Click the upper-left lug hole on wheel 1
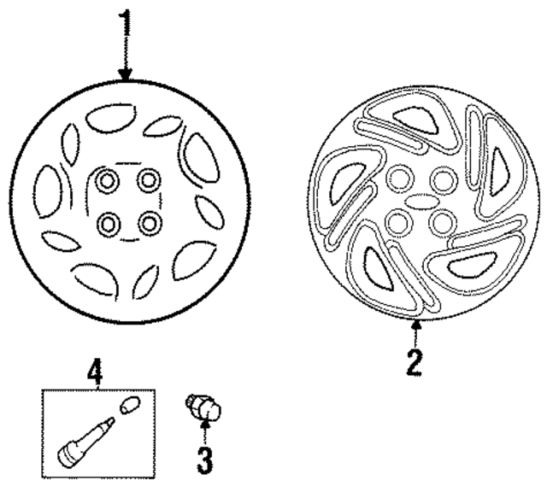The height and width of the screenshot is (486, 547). [x=109, y=180]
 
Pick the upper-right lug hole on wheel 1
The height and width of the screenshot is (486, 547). [x=150, y=180]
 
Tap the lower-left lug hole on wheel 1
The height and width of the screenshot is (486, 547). [x=109, y=224]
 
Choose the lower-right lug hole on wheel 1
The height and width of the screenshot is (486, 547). [x=150, y=224]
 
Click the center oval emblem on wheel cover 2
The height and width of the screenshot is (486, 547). [x=418, y=202]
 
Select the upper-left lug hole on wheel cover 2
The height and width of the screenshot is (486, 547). [x=397, y=179]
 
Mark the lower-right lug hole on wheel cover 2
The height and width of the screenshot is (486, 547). [x=441, y=224]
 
